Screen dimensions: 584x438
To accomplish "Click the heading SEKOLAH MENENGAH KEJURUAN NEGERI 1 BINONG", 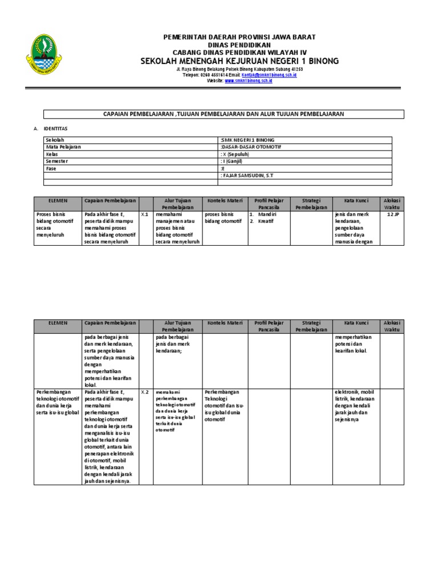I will click(240, 60).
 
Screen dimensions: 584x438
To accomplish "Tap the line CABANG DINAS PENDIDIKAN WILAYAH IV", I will click(240, 52).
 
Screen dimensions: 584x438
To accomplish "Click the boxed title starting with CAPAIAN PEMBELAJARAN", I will click(224, 114).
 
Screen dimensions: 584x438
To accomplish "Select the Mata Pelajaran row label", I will click(63, 147).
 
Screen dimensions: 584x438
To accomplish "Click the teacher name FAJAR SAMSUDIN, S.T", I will click(247, 176).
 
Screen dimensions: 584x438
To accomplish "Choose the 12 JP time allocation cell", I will click(392, 214).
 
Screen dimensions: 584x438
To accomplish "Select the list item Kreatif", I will click(265, 221).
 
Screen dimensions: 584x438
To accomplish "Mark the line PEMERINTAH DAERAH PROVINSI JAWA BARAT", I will click(240, 37).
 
